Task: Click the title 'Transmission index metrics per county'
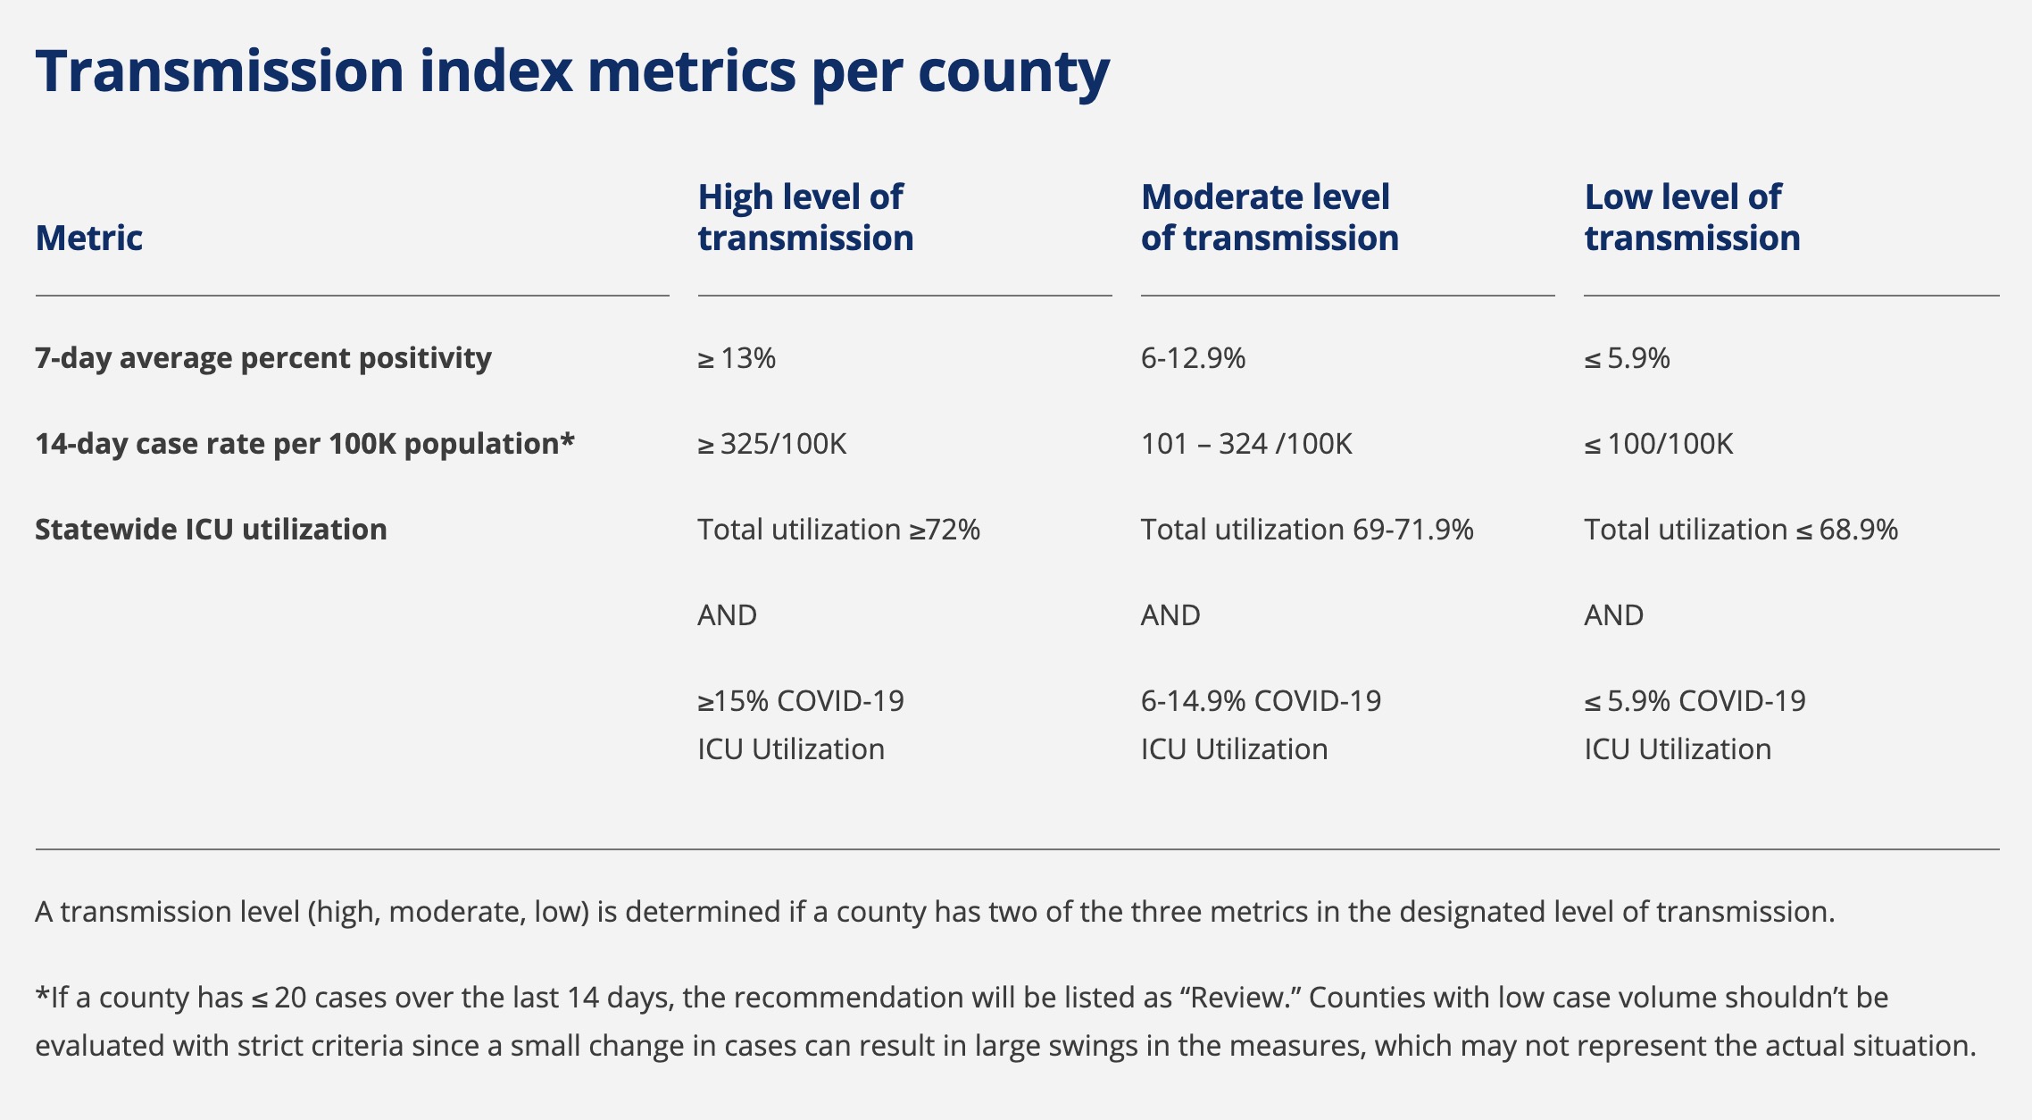pyautogui.click(x=572, y=71)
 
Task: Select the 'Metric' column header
pyautogui.click(x=89, y=238)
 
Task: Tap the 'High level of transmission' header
pyautogui.click(x=805, y=217)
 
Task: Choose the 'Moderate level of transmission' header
pyautogui.click(x=1269, y=217)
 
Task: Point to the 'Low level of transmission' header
pyautogui.click(x=1692, y=217)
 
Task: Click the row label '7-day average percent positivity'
pyautogui.click(x=263, y=358)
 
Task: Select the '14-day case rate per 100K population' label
pyautogui.click(x=304, y=444)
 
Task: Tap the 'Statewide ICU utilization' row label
pyautogui.click(x=211, y=530)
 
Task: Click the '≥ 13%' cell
pyautogui.click(x=737, y=358)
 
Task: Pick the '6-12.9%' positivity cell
pyautogui.click(x=1193, y=358)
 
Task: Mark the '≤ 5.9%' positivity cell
pyautogui.click(x=1627, y=358)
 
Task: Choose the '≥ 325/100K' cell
pyautogui.click(x=772, y=444)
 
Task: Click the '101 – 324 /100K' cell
pyautogui.click(x=1246, y=444)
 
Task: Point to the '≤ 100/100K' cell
pyautogui.click(x=1659, y=444)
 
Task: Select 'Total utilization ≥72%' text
pyautogui.click(x=838, y=530)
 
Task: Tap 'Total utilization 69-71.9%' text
pyautogui.click(x=1307, y=530)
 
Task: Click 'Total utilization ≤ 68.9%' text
pyautogui.click(x=1741, y=530)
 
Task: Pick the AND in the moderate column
pyautogui.click(x=1170, y=615)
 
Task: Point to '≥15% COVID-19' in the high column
pyautogui.click(x=801, y=701)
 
